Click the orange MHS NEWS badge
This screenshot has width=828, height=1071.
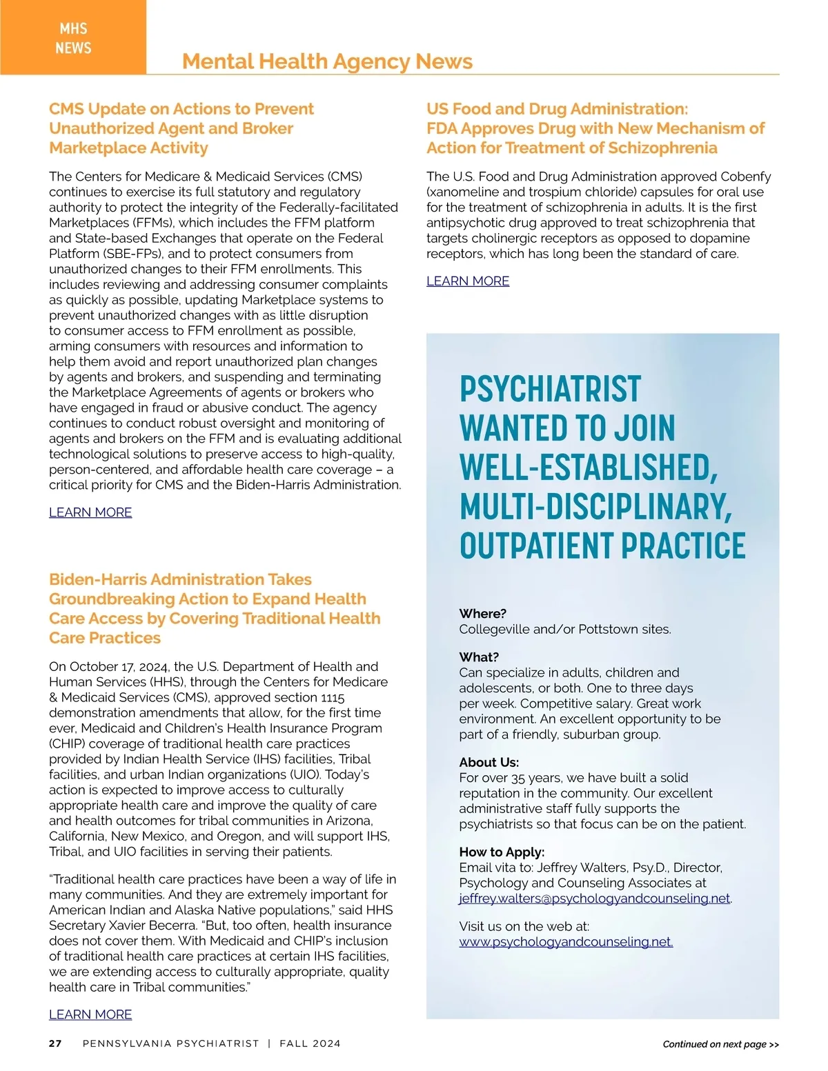pos(73,38)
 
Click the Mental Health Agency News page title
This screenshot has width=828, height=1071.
pos(327,61)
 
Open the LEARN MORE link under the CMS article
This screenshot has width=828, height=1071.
pos(90,512)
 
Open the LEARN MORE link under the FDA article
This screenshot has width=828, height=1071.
pos(468,281)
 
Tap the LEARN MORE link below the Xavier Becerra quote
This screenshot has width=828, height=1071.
pos(90,1014)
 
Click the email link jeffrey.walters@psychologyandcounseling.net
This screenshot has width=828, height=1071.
pos(594,899)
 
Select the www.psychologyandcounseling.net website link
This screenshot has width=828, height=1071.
pos(566,942)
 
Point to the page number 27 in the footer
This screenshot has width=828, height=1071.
pos(55,1043)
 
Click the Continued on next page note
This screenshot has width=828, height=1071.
pos(720,1044)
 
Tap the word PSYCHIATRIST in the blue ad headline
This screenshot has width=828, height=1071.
pos(551,390)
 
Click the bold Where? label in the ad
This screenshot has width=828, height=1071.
pos(483,614)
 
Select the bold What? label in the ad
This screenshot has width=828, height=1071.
pos(479,657)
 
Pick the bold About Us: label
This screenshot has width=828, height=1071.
pos(489,763)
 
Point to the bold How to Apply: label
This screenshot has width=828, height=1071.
pos(502,852)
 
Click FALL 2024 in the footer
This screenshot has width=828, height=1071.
pos(310,1043)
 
